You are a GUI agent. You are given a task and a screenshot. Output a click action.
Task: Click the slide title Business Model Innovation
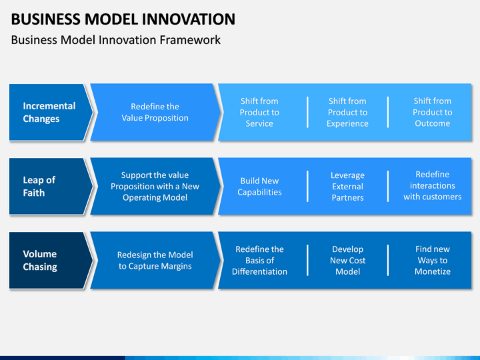tap(123, 19)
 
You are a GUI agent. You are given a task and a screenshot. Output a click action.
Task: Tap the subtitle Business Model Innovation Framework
tap(116, 40)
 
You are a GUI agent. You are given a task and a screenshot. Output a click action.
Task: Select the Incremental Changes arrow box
tap(51, 113)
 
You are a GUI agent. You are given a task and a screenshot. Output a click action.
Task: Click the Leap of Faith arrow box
tap(51, 187)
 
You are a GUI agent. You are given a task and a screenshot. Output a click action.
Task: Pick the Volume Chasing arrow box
tap(51, 261)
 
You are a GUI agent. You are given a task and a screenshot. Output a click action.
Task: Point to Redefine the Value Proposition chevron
tap(155, 113)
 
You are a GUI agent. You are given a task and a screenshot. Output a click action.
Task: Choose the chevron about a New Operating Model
tap(155, 187)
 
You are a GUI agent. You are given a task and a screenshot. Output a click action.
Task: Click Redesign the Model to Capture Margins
tap(155, 261)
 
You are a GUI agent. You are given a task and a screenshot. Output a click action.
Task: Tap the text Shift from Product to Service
tap(259, 113)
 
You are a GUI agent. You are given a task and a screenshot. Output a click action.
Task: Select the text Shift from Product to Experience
tap(347, 113)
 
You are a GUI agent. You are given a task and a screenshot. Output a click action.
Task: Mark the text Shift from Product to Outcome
tap(432, 113)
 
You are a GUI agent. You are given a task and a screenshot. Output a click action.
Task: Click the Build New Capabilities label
tap(259, 187)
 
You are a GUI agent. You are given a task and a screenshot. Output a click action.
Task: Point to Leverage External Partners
tap(347, 187)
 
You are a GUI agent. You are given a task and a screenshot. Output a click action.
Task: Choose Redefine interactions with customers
tap(432, 185)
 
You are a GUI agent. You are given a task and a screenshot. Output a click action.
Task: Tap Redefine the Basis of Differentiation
tap(259, 261)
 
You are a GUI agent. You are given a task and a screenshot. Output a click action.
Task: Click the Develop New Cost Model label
tap(347, 261)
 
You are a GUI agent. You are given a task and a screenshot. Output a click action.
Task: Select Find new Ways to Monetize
tap(432, 261)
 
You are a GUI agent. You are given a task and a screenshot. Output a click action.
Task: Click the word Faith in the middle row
tap(34, 193)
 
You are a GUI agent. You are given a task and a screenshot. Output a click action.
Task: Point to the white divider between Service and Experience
tap(307, 113)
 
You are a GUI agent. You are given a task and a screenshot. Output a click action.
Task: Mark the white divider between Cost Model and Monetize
tap(388, 261)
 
